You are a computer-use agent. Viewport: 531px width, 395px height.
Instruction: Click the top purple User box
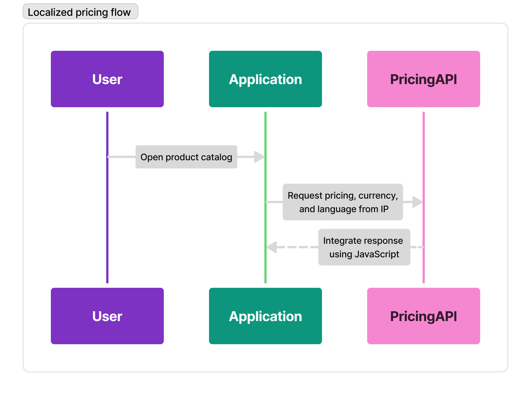tap(107, 79)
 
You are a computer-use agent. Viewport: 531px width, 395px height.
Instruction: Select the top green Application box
tap(265, 79)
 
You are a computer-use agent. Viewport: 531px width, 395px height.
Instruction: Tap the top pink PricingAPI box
tap(424, 79)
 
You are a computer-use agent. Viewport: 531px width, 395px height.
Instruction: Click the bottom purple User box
tap(107, 316)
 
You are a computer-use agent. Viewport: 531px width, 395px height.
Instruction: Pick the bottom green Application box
tap(265, 316)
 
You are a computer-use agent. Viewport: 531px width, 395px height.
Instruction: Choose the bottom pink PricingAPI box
tap(424, 316)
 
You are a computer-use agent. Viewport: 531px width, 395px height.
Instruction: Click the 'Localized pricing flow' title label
tap(80, 12)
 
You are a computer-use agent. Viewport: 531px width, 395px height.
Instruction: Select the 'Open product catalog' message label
tap(186, 157)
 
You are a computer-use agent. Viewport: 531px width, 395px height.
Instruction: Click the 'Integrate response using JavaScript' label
tap(364, 247)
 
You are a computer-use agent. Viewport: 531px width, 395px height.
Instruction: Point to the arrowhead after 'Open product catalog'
tap(259, 157)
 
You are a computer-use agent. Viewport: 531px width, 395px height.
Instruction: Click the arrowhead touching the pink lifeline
tap(417, 202)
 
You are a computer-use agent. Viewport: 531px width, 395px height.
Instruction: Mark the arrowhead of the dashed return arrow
tap(272, 247)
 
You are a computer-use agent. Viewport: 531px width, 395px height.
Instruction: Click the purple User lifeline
tap(107, 197)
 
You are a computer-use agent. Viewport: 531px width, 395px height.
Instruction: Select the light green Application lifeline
tap(265, 197)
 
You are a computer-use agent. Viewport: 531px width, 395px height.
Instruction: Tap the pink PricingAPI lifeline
tap(424, 197)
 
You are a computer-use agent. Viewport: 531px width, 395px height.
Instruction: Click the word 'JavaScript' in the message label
tap(377, 254)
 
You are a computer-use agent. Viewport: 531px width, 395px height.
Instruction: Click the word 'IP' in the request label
tap(385, 209)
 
